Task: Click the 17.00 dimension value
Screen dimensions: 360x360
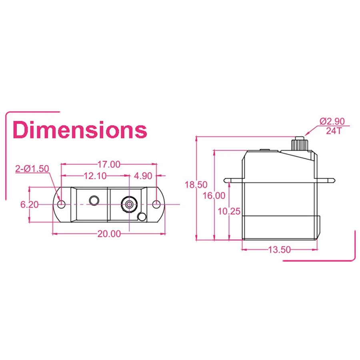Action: pyautogui.click(x=108, y=164)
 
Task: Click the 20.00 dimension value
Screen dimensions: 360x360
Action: pyautogui.click(x=108, y=234)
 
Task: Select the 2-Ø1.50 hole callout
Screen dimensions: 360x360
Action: pyautogui.click(x=32, y=168)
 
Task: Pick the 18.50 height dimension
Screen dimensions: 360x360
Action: pyautogui.click(x=196, y=184)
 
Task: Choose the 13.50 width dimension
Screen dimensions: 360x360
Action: pyautogui.click(x=279, y=250)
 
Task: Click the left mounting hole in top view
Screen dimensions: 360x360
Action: pyautogui.click(x=61, y=204)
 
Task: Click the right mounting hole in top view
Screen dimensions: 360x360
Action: pyautogui.click(x=156, y=204)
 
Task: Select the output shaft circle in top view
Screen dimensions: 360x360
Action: pyautogui.click(x=129, y=204)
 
